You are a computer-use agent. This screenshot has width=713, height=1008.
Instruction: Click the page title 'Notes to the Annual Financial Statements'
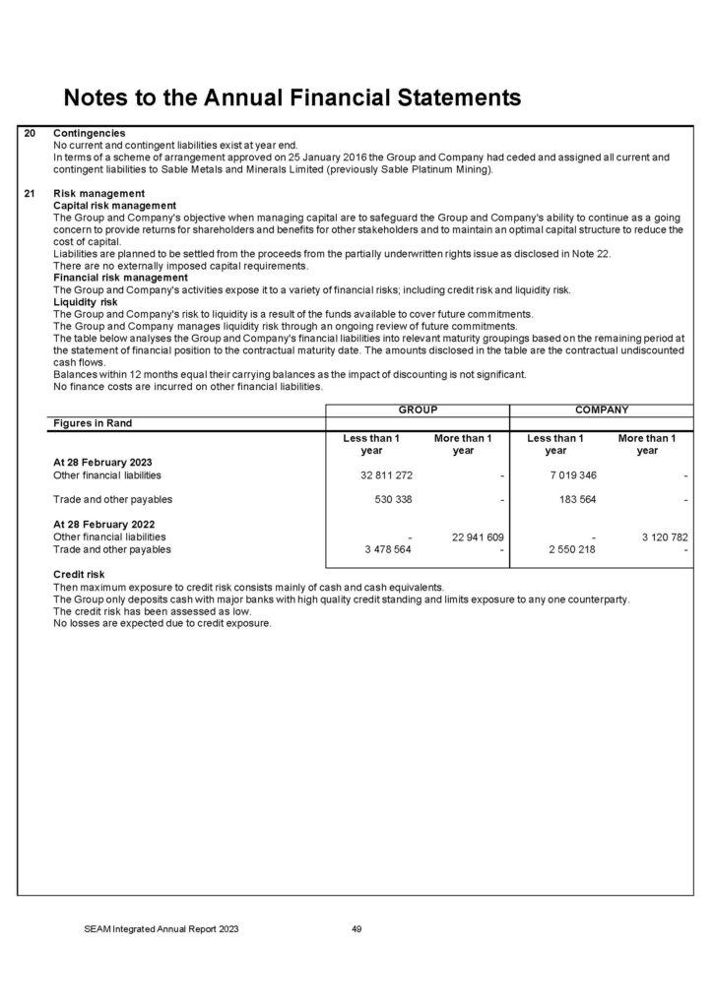[291, 97]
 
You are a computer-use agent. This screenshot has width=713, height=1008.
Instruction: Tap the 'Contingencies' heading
[89, 133]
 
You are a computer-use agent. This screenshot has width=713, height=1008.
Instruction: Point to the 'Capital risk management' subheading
[114, 205]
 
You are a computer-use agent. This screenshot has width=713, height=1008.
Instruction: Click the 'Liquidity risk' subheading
[85, 301]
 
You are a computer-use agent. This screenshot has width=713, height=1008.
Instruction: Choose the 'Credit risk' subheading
[79, 573]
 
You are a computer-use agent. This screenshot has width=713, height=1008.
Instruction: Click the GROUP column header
[417, 409]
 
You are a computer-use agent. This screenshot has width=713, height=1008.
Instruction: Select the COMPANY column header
[602, 409]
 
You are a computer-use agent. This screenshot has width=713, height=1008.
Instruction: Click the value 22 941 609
[478, 537]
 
